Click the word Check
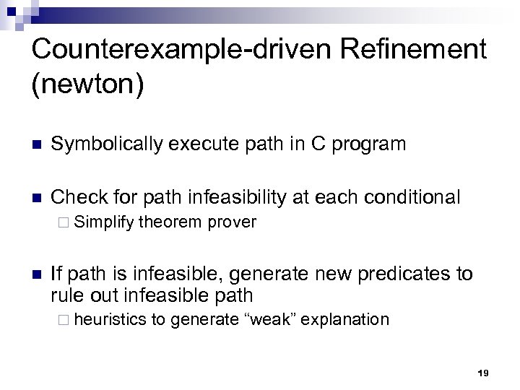74,196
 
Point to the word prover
231,222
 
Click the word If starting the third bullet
57,274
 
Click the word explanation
345,318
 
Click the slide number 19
483,373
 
